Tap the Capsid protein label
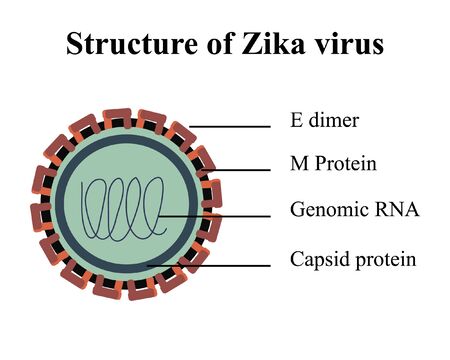pos(352,260)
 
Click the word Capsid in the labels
pos(317,260)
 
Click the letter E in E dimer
pos(296,122)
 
